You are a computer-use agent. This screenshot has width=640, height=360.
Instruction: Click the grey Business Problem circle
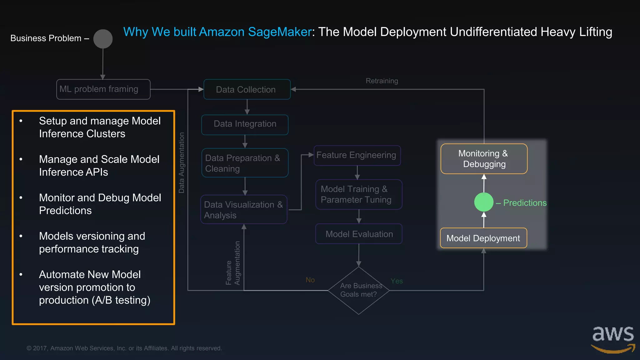(103, 39)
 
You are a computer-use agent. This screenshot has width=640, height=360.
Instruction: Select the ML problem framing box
(103, 89)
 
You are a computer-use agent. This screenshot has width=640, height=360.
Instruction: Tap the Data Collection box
(247, 90)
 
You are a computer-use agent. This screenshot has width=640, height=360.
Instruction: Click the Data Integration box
(245, 124)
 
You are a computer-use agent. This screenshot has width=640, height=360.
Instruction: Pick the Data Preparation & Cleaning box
(245, 163)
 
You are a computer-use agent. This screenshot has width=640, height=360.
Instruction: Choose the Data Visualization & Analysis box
(244, 210)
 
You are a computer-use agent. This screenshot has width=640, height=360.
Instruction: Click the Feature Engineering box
(357, 155)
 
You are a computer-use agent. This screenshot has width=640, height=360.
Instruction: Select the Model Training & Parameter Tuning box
(358, 194)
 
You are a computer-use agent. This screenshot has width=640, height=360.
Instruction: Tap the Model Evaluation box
(359, 234)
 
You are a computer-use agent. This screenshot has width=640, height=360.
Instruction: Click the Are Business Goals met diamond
(358, 290)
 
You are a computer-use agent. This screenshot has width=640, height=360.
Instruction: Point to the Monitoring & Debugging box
(484, 159)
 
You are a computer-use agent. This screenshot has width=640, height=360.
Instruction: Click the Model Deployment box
(483, 238)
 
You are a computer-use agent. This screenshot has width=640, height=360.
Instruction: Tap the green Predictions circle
(483, 202)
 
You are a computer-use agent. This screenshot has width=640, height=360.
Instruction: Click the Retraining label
(382, 81)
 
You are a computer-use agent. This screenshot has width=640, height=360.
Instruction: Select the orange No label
(310, 280)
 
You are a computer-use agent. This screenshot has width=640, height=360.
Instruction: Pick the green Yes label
(397, 281)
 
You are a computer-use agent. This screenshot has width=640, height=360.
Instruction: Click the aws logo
(613, 339)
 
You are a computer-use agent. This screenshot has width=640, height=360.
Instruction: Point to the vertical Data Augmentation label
(181, 162)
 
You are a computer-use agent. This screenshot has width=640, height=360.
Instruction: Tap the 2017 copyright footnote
(124, 348)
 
